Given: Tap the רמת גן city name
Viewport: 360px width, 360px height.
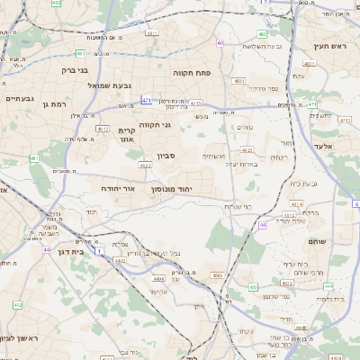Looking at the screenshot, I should (56, 104).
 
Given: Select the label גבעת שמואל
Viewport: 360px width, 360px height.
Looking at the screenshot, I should (111, 85).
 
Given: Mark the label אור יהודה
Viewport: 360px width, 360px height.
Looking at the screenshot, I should (130, 189).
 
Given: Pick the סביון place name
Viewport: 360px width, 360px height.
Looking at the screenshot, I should (166, 157).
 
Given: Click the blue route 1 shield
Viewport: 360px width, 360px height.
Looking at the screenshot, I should (100, 248).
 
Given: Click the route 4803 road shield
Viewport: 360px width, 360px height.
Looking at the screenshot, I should (239, 81).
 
